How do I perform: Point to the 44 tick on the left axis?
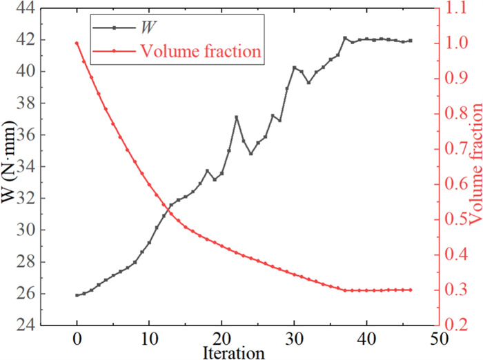(27, 8)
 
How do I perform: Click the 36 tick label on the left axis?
(27, 135)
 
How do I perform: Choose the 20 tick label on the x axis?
(221, 339)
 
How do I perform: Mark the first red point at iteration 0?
(77, 43)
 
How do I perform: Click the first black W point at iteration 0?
(77, 295)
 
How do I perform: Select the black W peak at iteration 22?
(236, 117)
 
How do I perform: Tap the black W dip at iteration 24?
(250, 153)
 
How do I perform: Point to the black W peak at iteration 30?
(294, 68)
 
